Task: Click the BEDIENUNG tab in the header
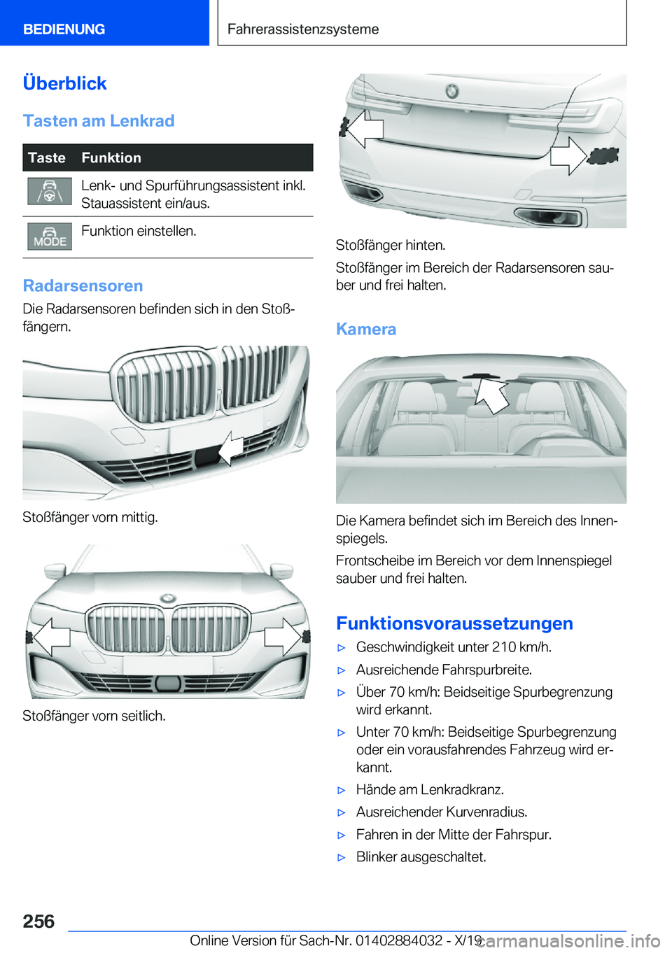64,29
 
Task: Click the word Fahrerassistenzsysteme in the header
302,29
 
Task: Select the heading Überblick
64,83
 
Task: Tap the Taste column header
47,158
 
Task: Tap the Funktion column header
111,158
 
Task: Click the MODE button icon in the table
50,237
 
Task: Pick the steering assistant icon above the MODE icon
50,191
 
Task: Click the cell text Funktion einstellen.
139,231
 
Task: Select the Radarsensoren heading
83,285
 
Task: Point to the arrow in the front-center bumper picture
230,449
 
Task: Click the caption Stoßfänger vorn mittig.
90,517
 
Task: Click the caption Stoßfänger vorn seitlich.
94,716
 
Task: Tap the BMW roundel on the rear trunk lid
452,90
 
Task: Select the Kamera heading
366,329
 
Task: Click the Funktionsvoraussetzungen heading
454,623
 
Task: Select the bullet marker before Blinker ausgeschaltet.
342,857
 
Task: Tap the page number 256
38,922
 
